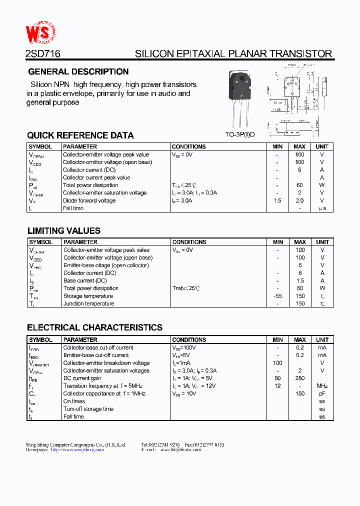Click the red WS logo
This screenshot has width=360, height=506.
40,33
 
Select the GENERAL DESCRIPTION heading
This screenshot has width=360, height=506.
78,71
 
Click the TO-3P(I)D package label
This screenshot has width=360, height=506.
239,134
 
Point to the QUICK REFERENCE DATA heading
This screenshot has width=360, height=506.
80,135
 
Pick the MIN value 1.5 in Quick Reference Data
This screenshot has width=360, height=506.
277,200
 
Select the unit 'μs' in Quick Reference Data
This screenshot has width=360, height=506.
322,208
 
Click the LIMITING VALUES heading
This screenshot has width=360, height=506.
63,231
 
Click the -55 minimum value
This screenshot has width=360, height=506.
277,296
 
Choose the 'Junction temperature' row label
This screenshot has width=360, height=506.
88,303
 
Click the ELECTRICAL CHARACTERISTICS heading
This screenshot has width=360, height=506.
94,328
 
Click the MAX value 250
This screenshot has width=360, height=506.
300,378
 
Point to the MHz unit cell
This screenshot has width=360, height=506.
322,386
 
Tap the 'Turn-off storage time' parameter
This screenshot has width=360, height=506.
88,409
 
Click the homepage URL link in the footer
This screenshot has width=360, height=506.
77,449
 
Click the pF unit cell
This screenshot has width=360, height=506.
322,393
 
